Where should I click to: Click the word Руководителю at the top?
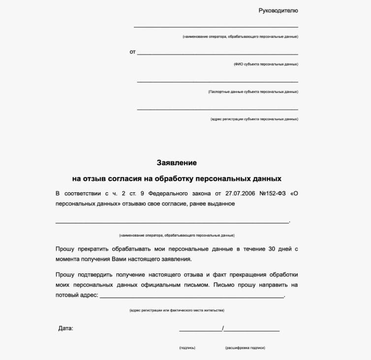click(278, 10)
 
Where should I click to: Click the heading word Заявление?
click(177, 162)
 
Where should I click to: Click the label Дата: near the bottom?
click(65, 328)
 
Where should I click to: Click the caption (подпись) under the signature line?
click(187, 348)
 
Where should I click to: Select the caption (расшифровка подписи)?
click(245, 348)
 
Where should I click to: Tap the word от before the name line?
click(132, 52)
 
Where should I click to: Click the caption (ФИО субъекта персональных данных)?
click(266, 64)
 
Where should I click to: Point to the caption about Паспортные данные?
click(253, 91)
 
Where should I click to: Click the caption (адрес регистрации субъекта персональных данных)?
click(254, 119)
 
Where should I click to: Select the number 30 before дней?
click(272, 249)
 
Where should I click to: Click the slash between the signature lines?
click(223, 328)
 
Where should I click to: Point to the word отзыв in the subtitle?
click(99, 178)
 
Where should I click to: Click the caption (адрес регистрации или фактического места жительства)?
click(177, 311)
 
